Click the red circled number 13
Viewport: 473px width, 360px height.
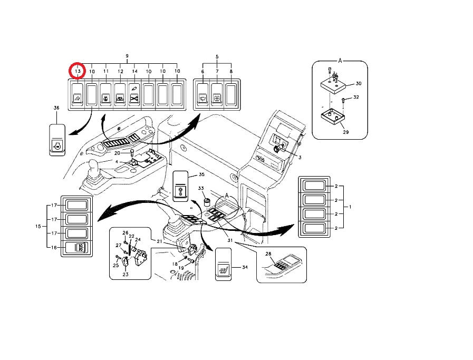point(78,71)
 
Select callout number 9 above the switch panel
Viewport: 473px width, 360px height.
point(127,56)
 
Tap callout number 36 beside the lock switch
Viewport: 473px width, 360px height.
point(56,108)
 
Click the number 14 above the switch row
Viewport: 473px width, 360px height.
point(134,71)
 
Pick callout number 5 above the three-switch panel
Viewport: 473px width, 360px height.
point(217,56)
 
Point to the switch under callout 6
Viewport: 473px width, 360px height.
point(202,95)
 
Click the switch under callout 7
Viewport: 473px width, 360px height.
point(217,95)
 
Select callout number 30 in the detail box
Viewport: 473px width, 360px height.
point(359,83)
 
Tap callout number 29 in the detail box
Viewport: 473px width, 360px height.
point(345,132)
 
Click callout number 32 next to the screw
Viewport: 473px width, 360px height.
point(356,98)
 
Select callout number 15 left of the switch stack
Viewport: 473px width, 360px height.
point(38,226)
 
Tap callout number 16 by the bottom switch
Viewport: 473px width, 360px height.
point(53,247)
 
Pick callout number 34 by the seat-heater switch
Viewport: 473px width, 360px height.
point(244,267)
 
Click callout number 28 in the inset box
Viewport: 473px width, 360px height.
point(268,254)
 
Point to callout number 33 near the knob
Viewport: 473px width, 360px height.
point(200,188)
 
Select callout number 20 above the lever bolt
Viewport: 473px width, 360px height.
point(117,153)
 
